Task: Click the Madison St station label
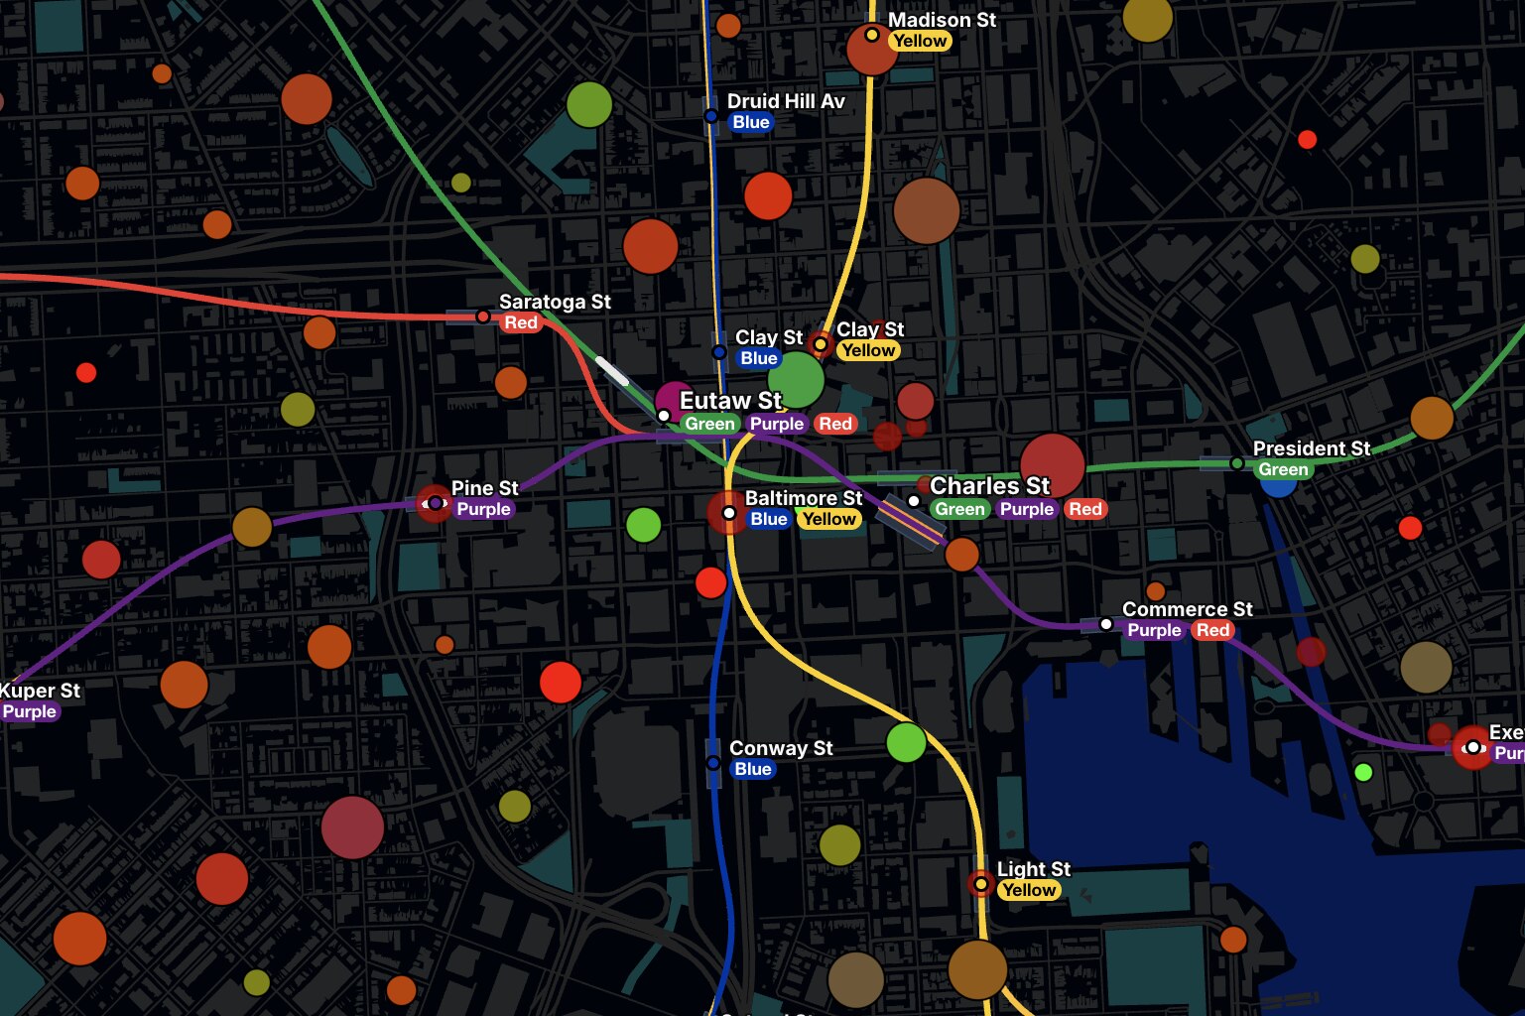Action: [941, 20]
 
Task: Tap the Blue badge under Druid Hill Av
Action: [750, 122]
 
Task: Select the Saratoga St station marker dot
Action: [483, 317]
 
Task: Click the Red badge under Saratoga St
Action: [520, 322]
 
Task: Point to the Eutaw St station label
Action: [730, 401]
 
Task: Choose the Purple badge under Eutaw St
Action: [776, 424]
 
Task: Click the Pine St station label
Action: [484, 488]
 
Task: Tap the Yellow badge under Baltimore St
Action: [828, 519]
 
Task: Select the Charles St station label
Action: [989, 486]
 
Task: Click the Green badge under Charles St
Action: [959, 509]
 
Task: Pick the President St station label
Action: [1311, 448]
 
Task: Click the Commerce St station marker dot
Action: [1106, 624]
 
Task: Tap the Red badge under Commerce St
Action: [1212, 630]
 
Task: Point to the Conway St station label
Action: [781, 748]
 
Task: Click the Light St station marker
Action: [980, 883]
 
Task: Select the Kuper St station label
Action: [40, 691]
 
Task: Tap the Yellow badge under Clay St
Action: [867, 350]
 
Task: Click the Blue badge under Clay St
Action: [758, 358]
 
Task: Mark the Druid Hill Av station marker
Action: [711, 116]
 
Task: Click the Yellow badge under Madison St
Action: [920, 41]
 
